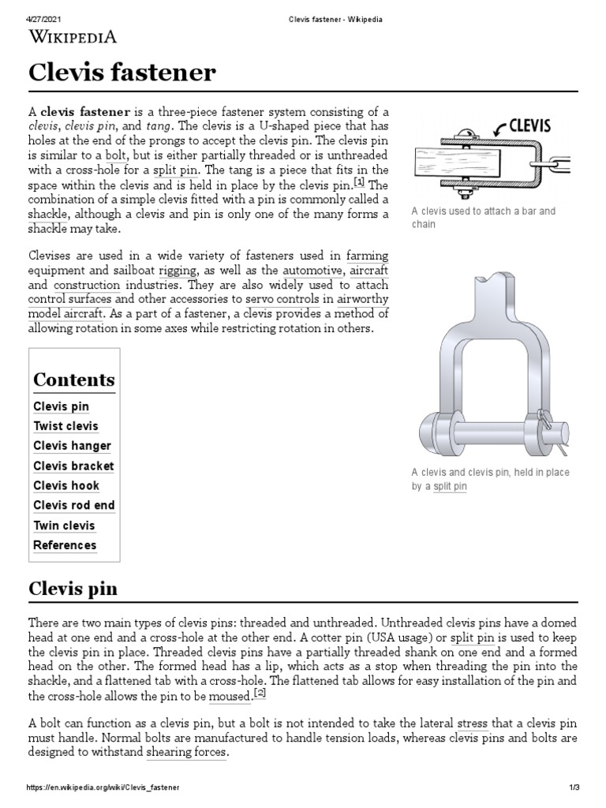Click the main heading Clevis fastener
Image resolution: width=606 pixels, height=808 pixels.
[x=122, y=73]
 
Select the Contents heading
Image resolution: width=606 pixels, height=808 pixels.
[x=73, y=380]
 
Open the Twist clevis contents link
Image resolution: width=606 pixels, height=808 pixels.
[x=65, y=426]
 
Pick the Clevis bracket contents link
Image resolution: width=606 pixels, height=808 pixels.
[x=73, y=466]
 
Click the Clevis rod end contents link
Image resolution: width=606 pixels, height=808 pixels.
[x=73, y=505]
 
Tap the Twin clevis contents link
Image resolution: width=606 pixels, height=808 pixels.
[x=64, y=526]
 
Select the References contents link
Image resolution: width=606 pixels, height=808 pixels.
[x=65, y=545]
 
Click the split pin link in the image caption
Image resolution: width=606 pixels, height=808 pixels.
[x=450, y=487]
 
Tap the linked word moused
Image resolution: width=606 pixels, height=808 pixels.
[x=229, y=695]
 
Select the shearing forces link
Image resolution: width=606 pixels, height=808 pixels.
[x=187, y=753]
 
